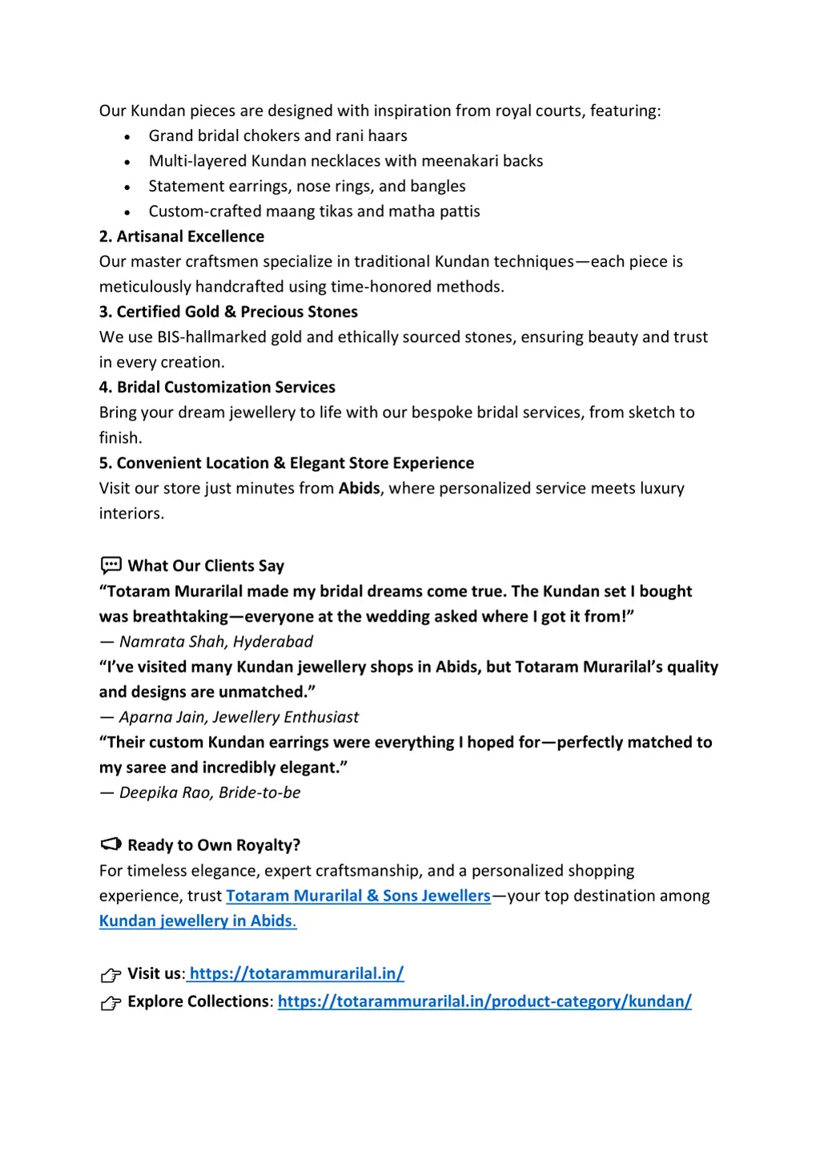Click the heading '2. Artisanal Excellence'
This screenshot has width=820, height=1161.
[x=182, y=236]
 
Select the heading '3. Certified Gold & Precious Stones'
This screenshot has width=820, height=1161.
[x=228, y=312]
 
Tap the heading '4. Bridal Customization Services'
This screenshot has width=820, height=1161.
[x=217, y=387]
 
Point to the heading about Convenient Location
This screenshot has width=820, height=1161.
[x=287, y=463]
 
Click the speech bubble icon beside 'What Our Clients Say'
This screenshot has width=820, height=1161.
[x=111, y=566]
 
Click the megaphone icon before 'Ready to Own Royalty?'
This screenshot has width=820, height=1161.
[x=111, y=845]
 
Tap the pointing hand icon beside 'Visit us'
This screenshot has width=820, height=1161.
[x=111, y=974]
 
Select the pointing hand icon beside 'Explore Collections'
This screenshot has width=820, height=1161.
[x=111, y=1002]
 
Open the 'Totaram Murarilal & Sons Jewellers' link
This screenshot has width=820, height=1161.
[x=358, y=896]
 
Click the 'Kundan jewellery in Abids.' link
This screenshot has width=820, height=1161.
[x=198, y=921]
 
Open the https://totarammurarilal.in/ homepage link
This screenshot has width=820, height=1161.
[x=296, y=974]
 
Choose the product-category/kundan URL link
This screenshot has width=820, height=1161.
[x=484, y=1002]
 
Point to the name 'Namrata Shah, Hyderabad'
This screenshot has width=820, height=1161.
[x=215, y=642]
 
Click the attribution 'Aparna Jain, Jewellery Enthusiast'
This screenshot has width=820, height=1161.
[x=239, y=717]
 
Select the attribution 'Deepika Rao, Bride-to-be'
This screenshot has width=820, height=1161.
[x=210, y=792]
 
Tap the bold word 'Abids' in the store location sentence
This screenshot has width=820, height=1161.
[x=359, y=488]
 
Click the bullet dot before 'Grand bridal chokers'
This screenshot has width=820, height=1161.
[x=127, y=137]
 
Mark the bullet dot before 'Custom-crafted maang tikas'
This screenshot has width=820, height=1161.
[x=127, y=212]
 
